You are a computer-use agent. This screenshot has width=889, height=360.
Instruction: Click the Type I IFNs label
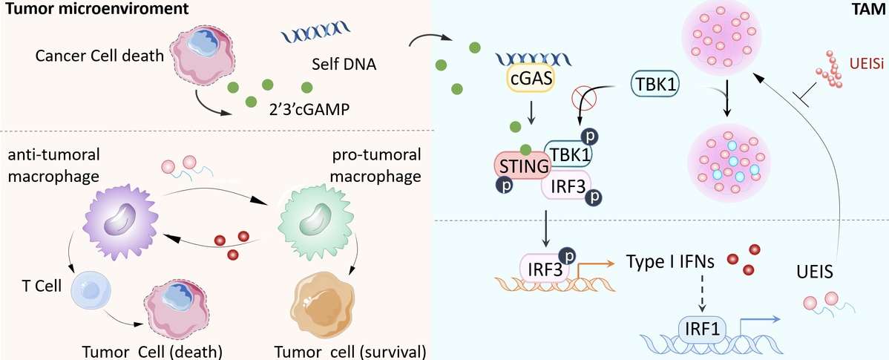(x=669, y=261)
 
